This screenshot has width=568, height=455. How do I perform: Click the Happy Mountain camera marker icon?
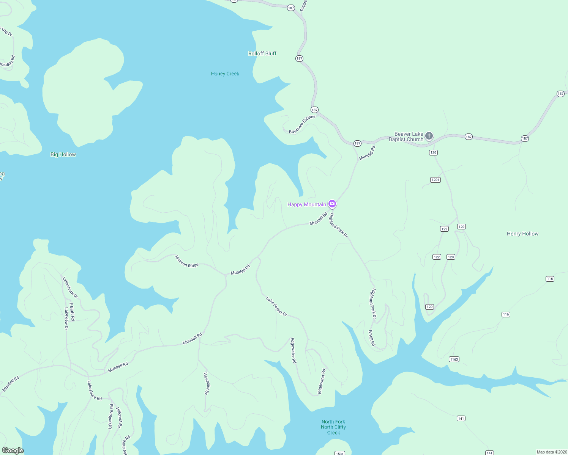click(332, 204)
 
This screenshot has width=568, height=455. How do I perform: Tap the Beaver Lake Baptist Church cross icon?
click(429, 136)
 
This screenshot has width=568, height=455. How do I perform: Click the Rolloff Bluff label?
click(262, 53)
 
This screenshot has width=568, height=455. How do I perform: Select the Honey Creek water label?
click(225, 74)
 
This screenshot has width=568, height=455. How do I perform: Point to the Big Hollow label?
click(63, 154)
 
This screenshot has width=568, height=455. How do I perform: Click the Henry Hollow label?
click(522, 234)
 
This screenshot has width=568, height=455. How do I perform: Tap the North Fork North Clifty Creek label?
click(333, 427)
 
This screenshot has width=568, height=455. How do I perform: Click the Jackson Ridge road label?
click(186, 261)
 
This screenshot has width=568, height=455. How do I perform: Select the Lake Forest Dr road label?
click(276, 306)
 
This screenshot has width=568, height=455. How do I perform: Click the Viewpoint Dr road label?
click(207, 383)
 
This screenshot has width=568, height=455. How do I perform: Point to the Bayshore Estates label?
click(302, 124)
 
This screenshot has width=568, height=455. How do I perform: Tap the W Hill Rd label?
click(372, 338)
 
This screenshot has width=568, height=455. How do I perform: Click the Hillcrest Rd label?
click(119, 417)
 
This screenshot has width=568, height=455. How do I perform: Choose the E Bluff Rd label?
click(72, 311)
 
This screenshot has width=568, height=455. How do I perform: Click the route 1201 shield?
click(435, 180)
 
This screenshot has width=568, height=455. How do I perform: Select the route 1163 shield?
click(454, 359)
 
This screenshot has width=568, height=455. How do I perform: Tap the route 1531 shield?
click(340, 453)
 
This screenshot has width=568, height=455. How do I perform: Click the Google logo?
click(13, 450)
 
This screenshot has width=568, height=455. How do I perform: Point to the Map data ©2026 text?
click(552, 452)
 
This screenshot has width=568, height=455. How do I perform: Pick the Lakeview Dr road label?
click(66, 318)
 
